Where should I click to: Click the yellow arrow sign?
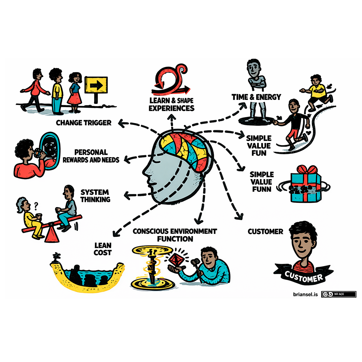tap(96, 86)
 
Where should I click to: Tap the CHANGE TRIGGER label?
tap(84, 123)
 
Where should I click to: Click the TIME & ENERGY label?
tap(256, 97)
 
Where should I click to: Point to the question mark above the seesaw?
tap(35, 207)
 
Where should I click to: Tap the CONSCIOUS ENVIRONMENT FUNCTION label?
tap(175, 235)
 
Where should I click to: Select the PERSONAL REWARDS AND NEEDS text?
tap(96, 156)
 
